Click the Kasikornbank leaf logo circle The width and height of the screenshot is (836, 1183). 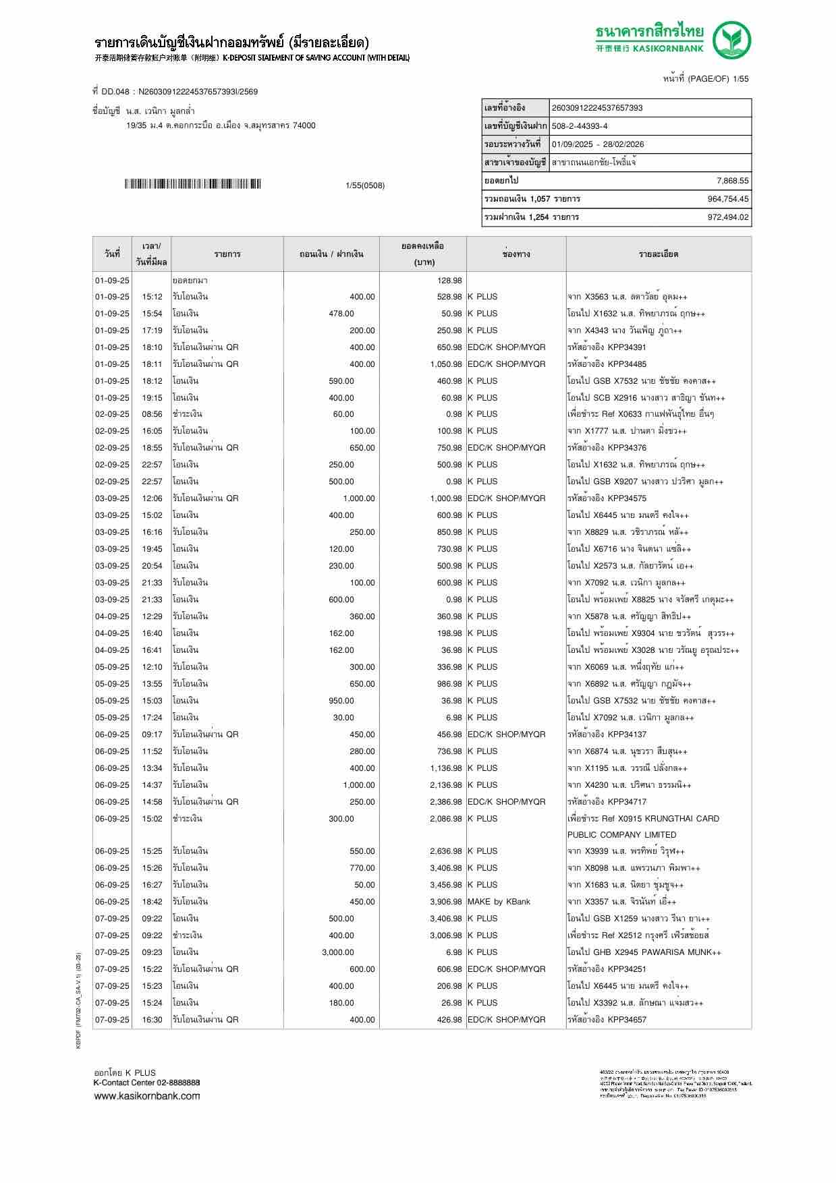732,40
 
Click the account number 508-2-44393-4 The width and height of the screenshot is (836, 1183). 580,126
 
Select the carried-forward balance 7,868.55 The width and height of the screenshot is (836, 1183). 732,181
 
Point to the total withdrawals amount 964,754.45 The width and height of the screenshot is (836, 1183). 727,199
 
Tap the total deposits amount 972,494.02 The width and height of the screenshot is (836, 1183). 727,217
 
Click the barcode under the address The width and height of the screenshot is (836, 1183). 192,184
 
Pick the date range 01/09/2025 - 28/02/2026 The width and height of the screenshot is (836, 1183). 598,144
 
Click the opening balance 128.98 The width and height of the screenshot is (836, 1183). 449,281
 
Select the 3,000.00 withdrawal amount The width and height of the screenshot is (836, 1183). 337,952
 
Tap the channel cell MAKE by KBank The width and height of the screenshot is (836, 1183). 499,902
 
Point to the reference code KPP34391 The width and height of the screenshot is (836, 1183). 627,347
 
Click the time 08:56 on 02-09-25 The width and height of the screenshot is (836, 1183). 152,414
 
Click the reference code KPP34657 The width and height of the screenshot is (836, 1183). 627,1020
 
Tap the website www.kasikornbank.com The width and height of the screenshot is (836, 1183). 146,1096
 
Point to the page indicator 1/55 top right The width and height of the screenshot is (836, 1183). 740,79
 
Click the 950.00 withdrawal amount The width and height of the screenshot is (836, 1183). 341,701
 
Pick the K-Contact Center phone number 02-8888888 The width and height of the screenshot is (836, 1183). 179,1083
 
